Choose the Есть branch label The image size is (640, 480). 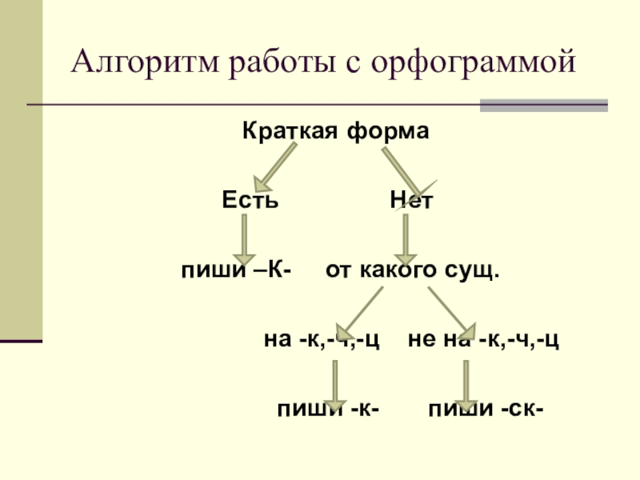click(x=250, y=200)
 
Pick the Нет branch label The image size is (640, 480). click(x=411, y=200)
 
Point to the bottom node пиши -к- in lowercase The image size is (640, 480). click(x=328, y=410)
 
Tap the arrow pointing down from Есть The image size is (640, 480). click(x=244, y=235)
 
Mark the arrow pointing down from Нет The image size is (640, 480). click(x=406, y=237)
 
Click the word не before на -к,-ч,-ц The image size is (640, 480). click(x=419, y=340)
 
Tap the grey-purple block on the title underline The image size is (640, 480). click(x=543, y=105)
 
